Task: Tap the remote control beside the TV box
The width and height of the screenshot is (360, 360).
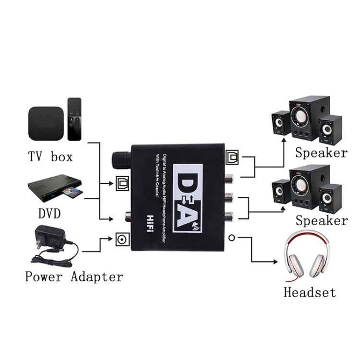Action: tap(74, 119)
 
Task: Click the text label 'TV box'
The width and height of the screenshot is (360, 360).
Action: tap(50, 156)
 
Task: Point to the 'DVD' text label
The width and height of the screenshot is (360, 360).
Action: tap(49, 213)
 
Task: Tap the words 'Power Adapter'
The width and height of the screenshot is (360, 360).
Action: tap(74, 276)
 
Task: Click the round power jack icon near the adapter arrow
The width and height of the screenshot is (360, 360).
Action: tap(119, 238)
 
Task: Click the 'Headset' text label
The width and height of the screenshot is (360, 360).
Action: tap(310, 292)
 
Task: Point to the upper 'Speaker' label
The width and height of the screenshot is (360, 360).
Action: tap(321, 153)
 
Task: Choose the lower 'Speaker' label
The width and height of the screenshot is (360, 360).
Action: tap(321, 221)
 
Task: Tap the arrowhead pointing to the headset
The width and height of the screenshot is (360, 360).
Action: tap(276, 262)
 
